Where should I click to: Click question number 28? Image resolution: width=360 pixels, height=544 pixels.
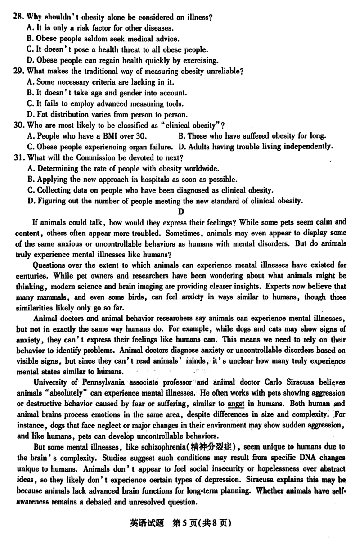click(18, 18)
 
